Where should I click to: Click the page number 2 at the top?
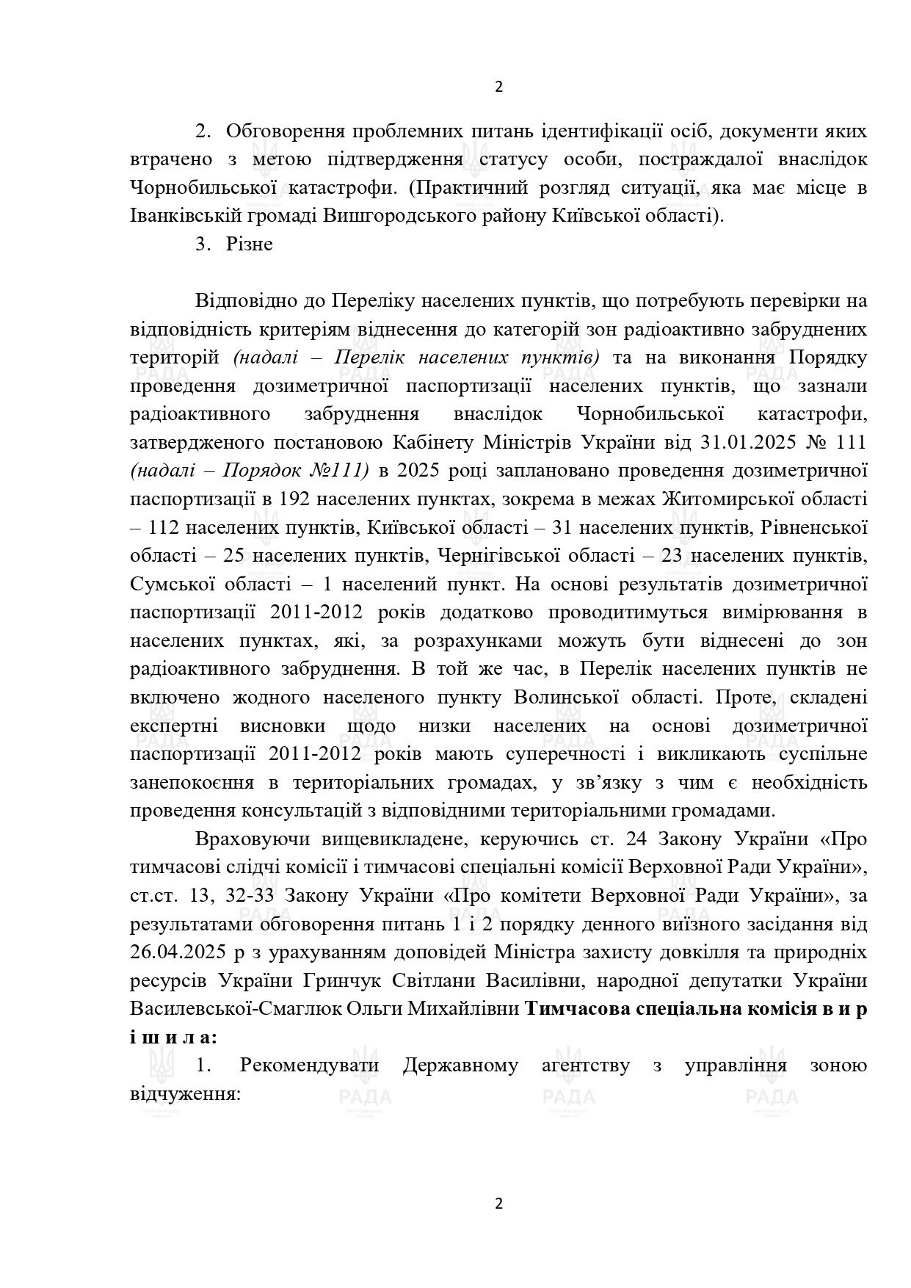click(x=499, y=87)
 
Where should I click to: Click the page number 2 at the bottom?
click(x=499, y=1203)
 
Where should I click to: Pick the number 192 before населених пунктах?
click(x=297, y=499)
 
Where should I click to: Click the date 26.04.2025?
click(x=175, y=952)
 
